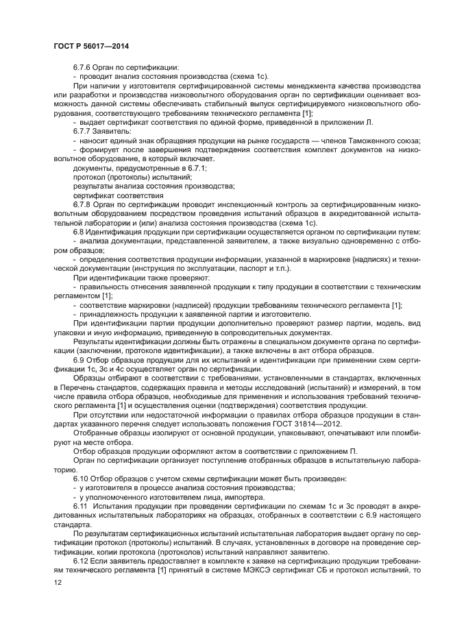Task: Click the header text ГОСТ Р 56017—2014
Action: tap(90, 45)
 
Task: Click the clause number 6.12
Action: tap(82, 560)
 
